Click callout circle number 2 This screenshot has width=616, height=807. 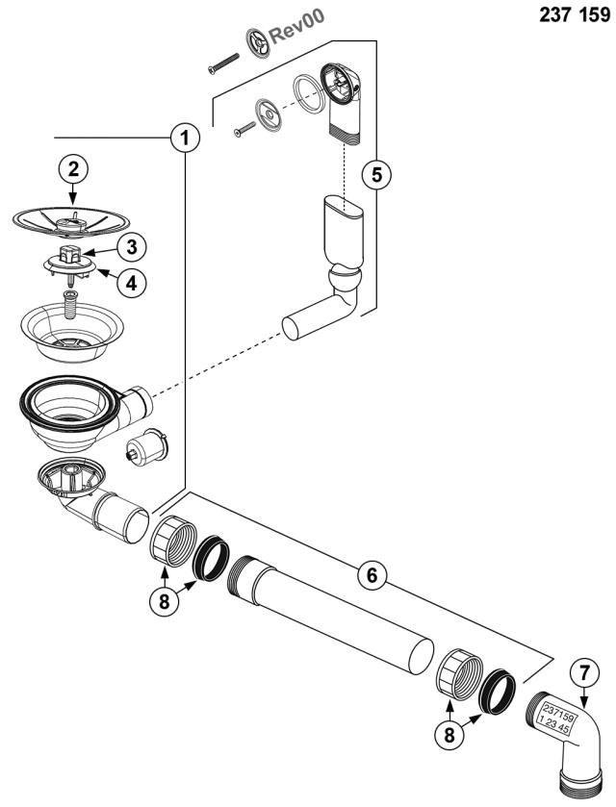click(74, 170)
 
